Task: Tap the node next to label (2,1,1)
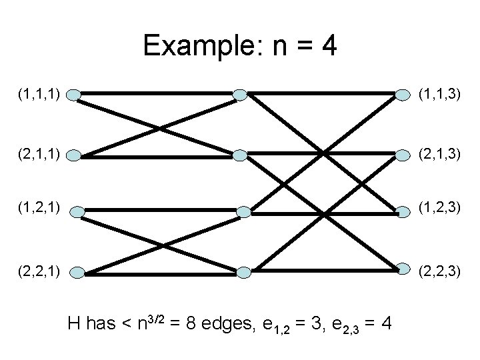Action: (75, 156)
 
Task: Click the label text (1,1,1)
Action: (40, 95)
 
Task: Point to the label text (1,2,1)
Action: (40, 211)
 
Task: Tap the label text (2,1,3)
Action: (438, 155)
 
